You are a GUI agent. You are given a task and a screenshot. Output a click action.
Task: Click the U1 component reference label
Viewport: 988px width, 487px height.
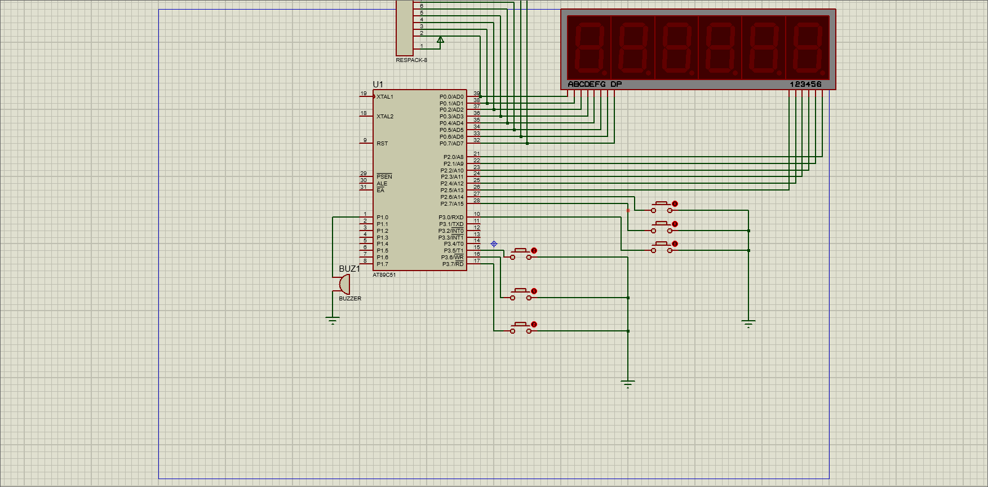pyautogui.click(x=378, y=85)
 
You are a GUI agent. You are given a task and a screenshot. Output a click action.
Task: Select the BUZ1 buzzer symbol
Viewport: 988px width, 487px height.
pyautogui.click(x=343, y=284)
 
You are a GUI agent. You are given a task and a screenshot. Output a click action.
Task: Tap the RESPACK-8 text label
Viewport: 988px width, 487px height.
pyautogui.click(x=411, y=60)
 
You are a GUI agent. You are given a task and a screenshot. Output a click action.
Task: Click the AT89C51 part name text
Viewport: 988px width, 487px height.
pyautogui.click(x=384, y=275)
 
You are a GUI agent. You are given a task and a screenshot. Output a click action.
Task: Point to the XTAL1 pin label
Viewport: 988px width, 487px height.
pyautogui.click(x=385, y=97)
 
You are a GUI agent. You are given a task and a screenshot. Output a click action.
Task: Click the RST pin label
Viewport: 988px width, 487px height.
pyautogui.click(x=382, y=144)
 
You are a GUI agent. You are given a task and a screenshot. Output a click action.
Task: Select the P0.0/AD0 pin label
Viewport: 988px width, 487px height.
pyautogui.click(x=451, y=97)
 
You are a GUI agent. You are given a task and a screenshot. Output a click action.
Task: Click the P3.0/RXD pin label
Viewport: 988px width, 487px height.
pyautogui.click(x=451, y=218)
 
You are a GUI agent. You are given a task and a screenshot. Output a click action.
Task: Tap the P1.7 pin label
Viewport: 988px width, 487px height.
pyautogui.click(x=382, y=264)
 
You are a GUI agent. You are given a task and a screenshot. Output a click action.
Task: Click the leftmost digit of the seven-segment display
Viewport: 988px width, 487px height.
pyautogui.click(x=589, y=48)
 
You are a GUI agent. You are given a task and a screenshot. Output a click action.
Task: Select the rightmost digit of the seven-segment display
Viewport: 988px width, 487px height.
pyautogui.click(x=808, y=48)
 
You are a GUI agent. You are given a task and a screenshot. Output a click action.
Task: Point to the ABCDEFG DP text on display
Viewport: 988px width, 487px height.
pyautogui.click(x=595, y=85)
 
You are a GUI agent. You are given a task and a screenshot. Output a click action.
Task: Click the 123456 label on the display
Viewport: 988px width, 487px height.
pyautogui.click(x=805, y=85)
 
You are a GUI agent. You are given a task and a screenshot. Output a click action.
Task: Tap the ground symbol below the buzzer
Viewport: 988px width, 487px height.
pyautogui.click(x=333, y=321)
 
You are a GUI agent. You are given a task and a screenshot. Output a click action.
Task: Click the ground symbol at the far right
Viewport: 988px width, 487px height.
pyautogui.click(x=748, y=324)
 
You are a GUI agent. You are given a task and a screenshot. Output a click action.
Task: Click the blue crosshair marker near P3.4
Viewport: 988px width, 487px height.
pyautogui.click(x=494, y=244)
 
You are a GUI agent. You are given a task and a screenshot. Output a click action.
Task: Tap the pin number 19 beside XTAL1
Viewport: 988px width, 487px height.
pyautogui.click(x=364, y=94)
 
